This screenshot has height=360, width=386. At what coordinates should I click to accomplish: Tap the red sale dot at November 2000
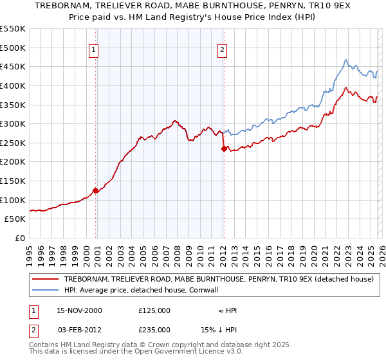coord(96,190)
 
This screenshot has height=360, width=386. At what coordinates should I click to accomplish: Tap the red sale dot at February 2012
coord(224,148)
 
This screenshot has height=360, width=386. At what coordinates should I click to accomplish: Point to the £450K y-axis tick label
coord(13,66)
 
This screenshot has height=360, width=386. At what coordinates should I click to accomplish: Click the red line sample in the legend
coord(46,280)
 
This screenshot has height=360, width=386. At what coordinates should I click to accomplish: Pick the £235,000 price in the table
coord(154,330)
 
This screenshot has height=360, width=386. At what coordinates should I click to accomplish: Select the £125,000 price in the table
coord(154,310)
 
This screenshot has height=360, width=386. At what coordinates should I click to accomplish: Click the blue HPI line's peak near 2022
coord(345,60)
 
